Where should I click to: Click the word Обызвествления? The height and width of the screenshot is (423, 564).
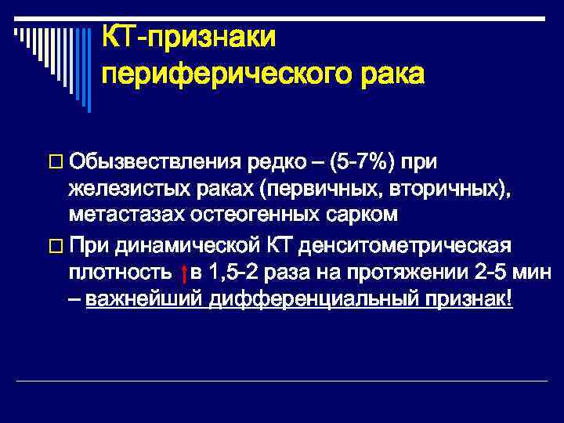click(x=154, y=162)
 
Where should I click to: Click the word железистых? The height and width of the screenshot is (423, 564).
click(x=126, y=188)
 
